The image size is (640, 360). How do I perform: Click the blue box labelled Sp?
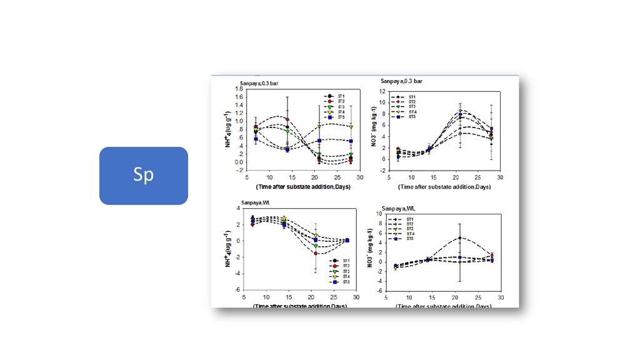tap(143, 176)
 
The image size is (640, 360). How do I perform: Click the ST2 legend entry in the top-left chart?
tap(336, 101)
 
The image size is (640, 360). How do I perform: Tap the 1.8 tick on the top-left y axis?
tap(239, 89)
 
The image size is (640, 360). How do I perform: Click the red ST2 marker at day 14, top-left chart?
tap(287, 119)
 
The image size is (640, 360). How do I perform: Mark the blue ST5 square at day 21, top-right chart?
tap(460, 115)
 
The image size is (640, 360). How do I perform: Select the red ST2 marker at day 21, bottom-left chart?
tap(316, 253)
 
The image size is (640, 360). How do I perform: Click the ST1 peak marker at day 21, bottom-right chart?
tap(459, 238)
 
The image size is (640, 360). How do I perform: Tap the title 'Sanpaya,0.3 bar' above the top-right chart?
tap(401, 81)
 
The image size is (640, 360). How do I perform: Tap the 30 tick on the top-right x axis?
tap(501, 177)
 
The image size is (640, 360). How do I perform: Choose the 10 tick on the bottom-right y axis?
tap(379, 214)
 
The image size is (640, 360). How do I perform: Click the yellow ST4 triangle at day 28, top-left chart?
tap(351, 127)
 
